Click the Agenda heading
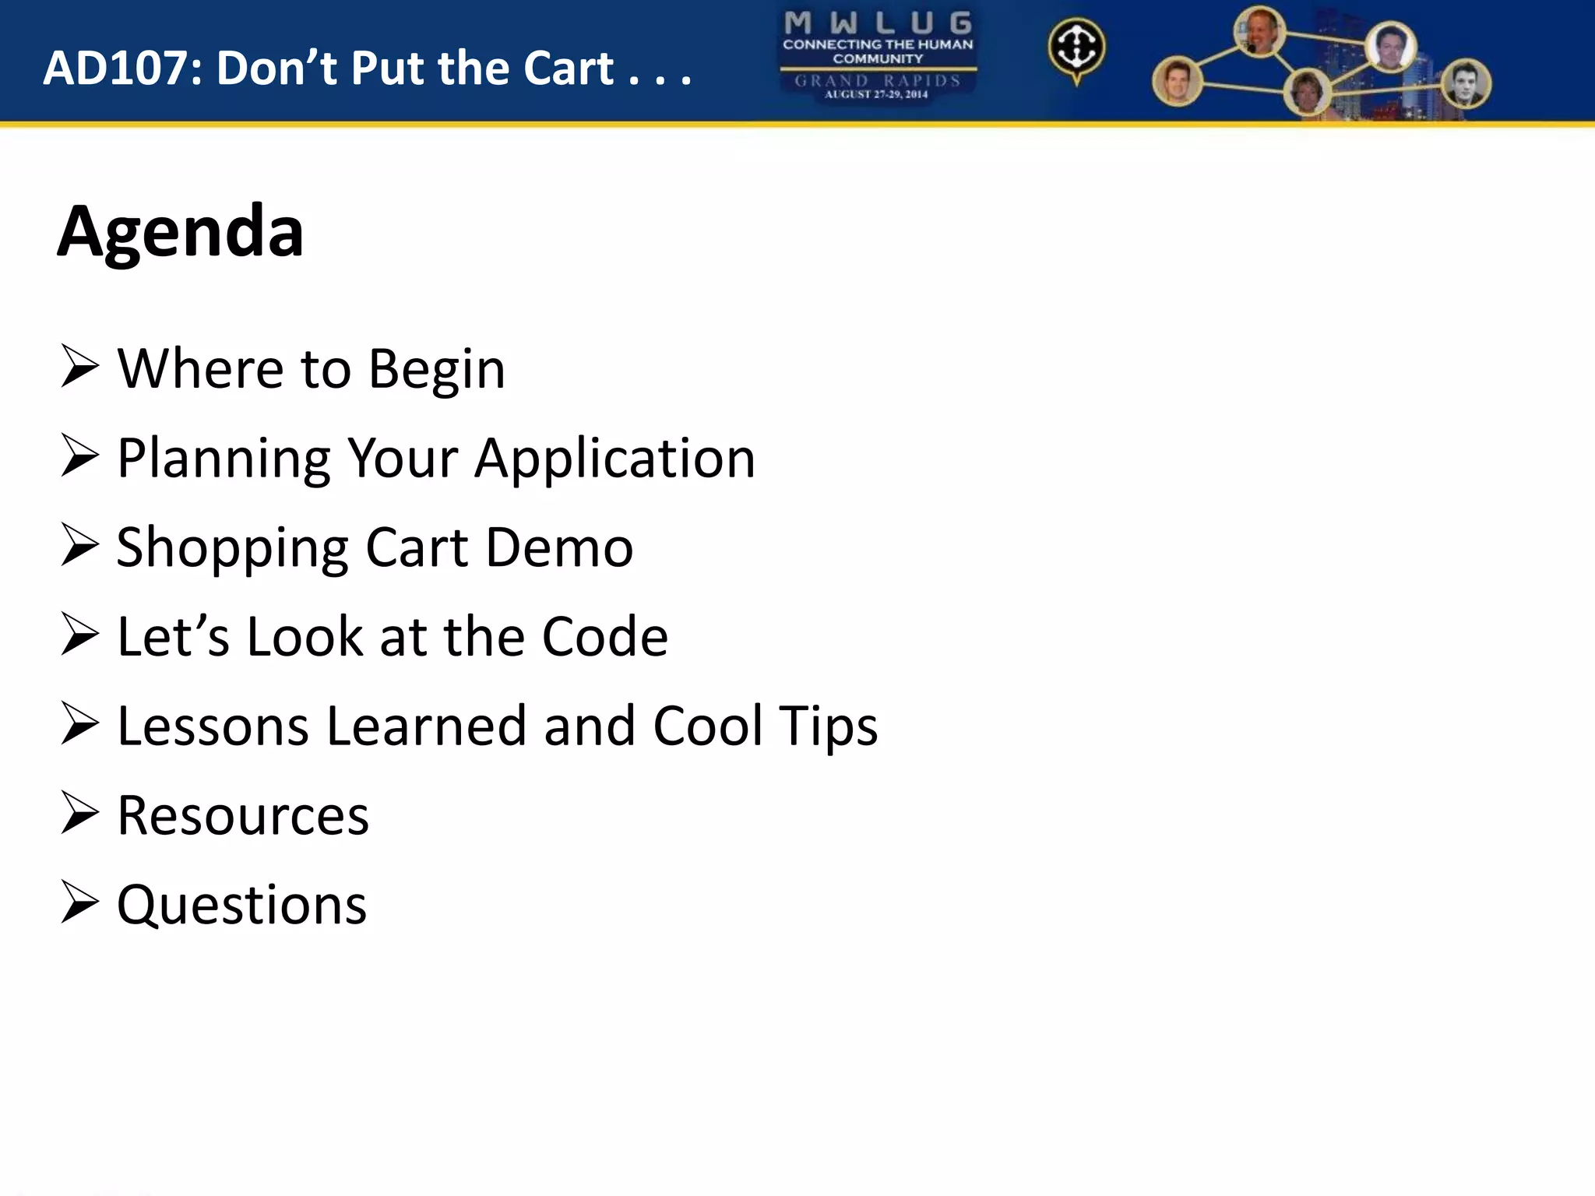[181, 232]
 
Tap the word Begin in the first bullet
[436, 369]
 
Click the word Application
[615, 459]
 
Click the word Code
[604, 637]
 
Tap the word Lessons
[213, 726]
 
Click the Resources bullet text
[243, 815]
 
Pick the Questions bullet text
[241, 906]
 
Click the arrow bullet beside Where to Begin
[79, 367]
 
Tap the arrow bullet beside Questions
[79, 902]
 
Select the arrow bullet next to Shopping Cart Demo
[79, 545]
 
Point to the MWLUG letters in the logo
[878, 23]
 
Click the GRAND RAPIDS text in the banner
[878, 80]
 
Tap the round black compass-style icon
[1076, 48]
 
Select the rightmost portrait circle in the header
[1466, 84]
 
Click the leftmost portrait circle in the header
[1177, 82]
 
